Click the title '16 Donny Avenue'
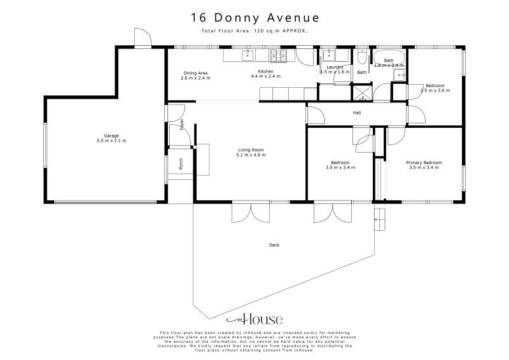coord(254,17)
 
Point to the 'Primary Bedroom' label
coord(424,162)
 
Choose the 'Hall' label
coord(357,113)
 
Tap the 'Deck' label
coord(274,245)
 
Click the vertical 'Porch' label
coord(181,164)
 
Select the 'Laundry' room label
coord(335,67)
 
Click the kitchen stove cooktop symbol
coord(276,55)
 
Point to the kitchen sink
coord(248,55)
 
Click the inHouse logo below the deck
coord(254,320)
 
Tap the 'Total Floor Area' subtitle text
coord(254,30)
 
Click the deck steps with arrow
coord(380,217)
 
